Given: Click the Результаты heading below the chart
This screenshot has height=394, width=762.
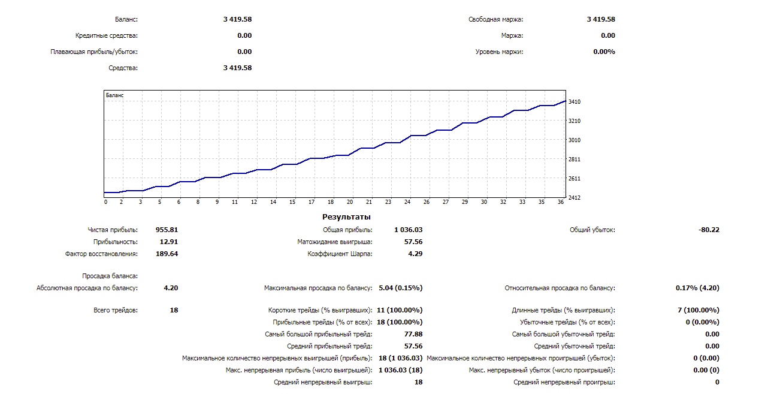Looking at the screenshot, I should pos(346,216).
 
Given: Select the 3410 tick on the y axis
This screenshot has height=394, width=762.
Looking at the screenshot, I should pos(574,102).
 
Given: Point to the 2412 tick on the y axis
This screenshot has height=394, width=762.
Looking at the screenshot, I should pos(574,197).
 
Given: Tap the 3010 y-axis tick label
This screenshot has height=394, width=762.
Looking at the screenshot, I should pos(574,140).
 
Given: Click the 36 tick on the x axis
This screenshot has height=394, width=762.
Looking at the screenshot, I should pos(561,202).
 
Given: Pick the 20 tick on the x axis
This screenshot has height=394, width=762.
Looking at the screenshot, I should pos(350,202).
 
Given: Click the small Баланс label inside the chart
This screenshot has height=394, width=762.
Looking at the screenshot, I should pos(114,95).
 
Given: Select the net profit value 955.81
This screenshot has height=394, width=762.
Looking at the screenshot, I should pos(167,230).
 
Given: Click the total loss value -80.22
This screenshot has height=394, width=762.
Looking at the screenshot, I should pos(709,230).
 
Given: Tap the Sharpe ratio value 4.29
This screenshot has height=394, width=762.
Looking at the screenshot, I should pos(415,254).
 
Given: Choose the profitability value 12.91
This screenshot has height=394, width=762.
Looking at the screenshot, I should pos(168,242).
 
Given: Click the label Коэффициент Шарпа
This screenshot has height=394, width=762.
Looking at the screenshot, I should pos(340,254).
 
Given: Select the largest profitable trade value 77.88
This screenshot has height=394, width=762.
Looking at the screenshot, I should pos(413,334).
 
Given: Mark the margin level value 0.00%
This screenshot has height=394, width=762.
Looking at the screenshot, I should pos(604,52).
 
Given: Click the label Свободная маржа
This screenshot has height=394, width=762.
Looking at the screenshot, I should pos(495,19).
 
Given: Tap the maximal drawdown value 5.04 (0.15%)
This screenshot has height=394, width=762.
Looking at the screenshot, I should pos(400,288).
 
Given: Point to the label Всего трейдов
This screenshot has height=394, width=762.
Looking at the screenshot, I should pos(116,310).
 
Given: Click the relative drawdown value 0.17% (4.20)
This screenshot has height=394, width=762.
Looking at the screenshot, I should pos(697,288).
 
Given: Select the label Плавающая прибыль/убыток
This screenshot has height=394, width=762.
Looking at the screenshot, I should pos(94,52).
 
